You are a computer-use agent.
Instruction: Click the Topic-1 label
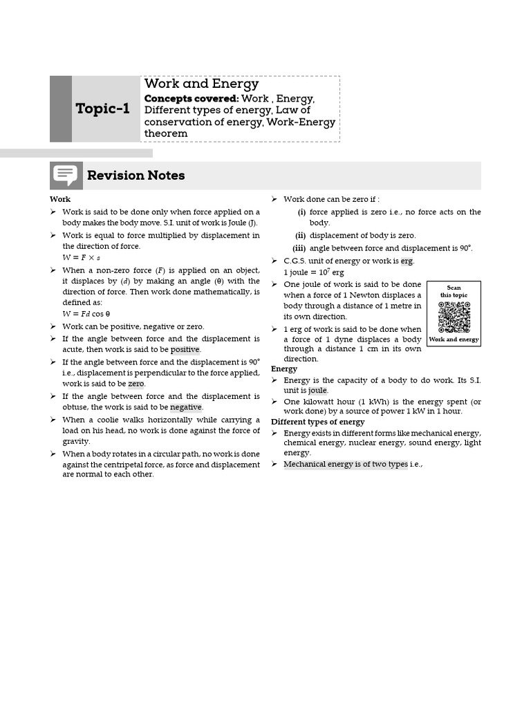click(103, 109)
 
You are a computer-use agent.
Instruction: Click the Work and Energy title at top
click(201, 84)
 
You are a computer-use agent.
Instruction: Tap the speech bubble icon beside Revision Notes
click(66, 176)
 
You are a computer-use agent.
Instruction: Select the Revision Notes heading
click(136, 176)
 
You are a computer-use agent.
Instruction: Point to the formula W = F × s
click(82, 258)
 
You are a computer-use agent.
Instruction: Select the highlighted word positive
click(185, 350)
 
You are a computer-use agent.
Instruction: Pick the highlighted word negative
click(185, 407)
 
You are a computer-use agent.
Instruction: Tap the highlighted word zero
click(136, 384)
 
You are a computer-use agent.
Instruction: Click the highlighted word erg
click(407, 261)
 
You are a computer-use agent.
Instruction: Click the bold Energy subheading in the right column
click(284, 369)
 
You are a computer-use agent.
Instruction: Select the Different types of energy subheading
click(317, 422)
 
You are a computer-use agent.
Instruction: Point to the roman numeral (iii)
click(299, 248)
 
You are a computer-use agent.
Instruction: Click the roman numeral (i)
click(301, 212)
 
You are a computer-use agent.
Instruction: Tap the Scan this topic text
click(454, 291)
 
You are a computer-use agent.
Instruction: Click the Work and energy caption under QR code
click(454, 339)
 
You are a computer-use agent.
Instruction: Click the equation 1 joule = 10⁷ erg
click(313, 272)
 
